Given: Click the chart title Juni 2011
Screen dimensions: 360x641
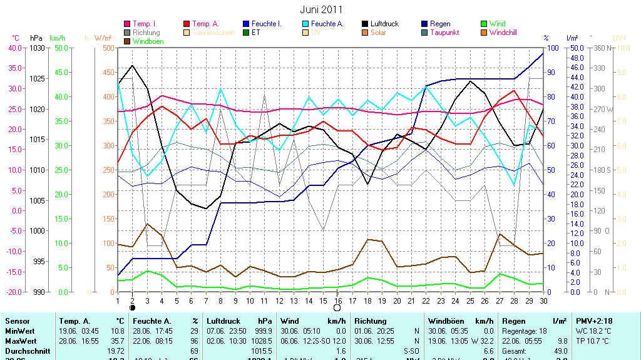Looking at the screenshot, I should [x=320, y=9].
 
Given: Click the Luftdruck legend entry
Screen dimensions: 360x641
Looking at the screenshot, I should [x=384, y=24].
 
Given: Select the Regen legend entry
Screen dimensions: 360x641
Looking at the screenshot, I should [x=440, y=24].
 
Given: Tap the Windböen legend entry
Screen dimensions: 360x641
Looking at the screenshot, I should [x=147, y=41].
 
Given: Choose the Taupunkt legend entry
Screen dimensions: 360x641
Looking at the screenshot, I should [x=444, y=33].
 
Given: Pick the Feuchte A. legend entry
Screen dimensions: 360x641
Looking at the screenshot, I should [x=327, y=24].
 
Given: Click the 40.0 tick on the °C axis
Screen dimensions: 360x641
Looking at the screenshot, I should [x=14, y=48].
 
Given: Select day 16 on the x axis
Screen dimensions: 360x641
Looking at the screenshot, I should [x=338, y=300].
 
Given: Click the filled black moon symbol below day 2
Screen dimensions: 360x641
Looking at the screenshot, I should [x=132, y=308].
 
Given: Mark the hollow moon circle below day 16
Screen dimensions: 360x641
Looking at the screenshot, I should [x=337, y=308].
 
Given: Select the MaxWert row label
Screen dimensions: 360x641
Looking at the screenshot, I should [x=20, y=341].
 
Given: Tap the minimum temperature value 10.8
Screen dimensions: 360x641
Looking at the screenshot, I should [x=117, y=331].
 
